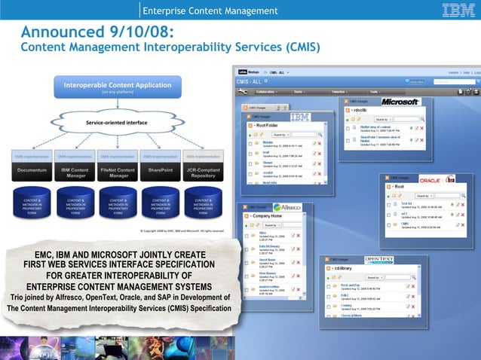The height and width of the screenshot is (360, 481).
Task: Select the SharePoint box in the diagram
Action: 161,172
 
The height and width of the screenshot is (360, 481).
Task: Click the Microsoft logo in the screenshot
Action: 400,101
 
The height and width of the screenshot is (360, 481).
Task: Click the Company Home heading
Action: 273,216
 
